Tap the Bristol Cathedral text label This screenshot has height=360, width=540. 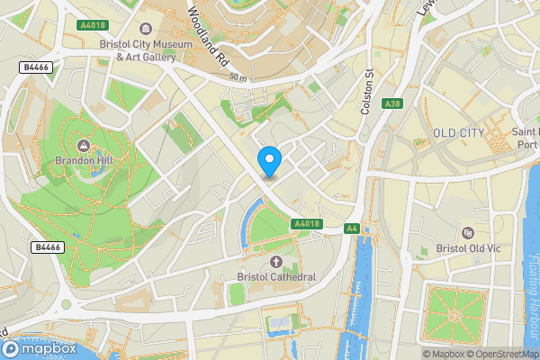pyautogui.click(x=276, y=276)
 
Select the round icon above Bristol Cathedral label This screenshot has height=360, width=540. pyautogui.click(x=276, y=261)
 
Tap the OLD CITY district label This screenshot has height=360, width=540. pyautogui.click(x=459, y=133)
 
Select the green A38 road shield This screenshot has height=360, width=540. pyautogui.click(x=391, y=104)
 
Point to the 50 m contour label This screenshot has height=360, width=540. pyautogui.click(x=238, y=78)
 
